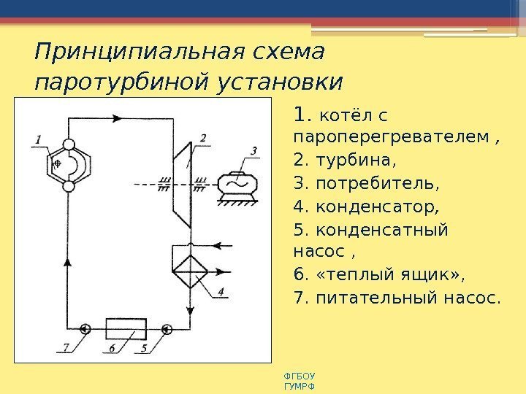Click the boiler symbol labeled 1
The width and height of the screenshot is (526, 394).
pyautogui.click(x=69, y=166)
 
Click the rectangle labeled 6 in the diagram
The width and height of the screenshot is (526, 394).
pyautogui.click(x=126, y=329)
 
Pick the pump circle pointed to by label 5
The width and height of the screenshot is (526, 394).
pyautogui.click(x=167, y=329)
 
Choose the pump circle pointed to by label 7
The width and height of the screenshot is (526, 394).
pyautogui.click(x=85, y=329)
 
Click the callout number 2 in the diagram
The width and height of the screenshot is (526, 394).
pyautogui.click(x=202, y=137)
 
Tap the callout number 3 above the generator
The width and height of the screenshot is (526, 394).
pyautogui.click(x=254, y=151)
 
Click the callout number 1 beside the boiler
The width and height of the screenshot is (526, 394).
pyautogui.click(x=37, y=138)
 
